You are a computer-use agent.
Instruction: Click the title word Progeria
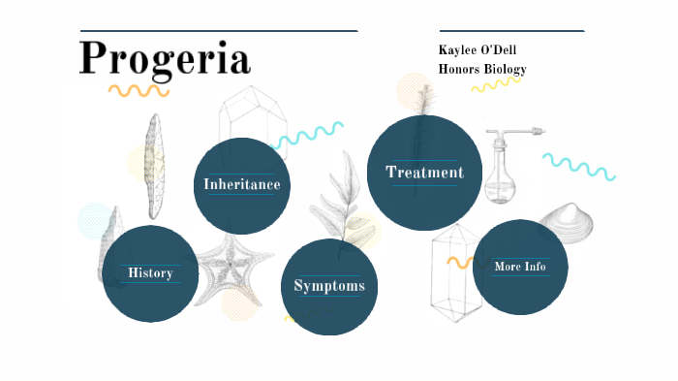[x=165, y=58]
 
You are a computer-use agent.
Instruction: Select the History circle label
[x=150, y=273]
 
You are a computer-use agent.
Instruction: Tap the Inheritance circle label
[x=242, y=184]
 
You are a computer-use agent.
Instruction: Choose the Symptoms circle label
[x=329, y=286]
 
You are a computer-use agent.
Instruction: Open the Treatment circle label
[x=424, y=173]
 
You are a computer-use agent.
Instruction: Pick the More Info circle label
[x=520, y=267]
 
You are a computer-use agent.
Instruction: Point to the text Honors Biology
[x=482, y=69]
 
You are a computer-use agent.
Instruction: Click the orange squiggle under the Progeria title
[x=139, y=91]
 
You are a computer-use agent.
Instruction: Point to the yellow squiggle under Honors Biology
[x=495, y=85]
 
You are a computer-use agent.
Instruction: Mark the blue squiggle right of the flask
[x=578, y=166]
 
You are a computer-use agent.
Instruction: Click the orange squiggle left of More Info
[x=459, y=262]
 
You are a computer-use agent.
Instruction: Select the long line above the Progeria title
[x=219, y=31]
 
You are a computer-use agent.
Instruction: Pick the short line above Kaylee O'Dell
[x=511, y=31]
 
